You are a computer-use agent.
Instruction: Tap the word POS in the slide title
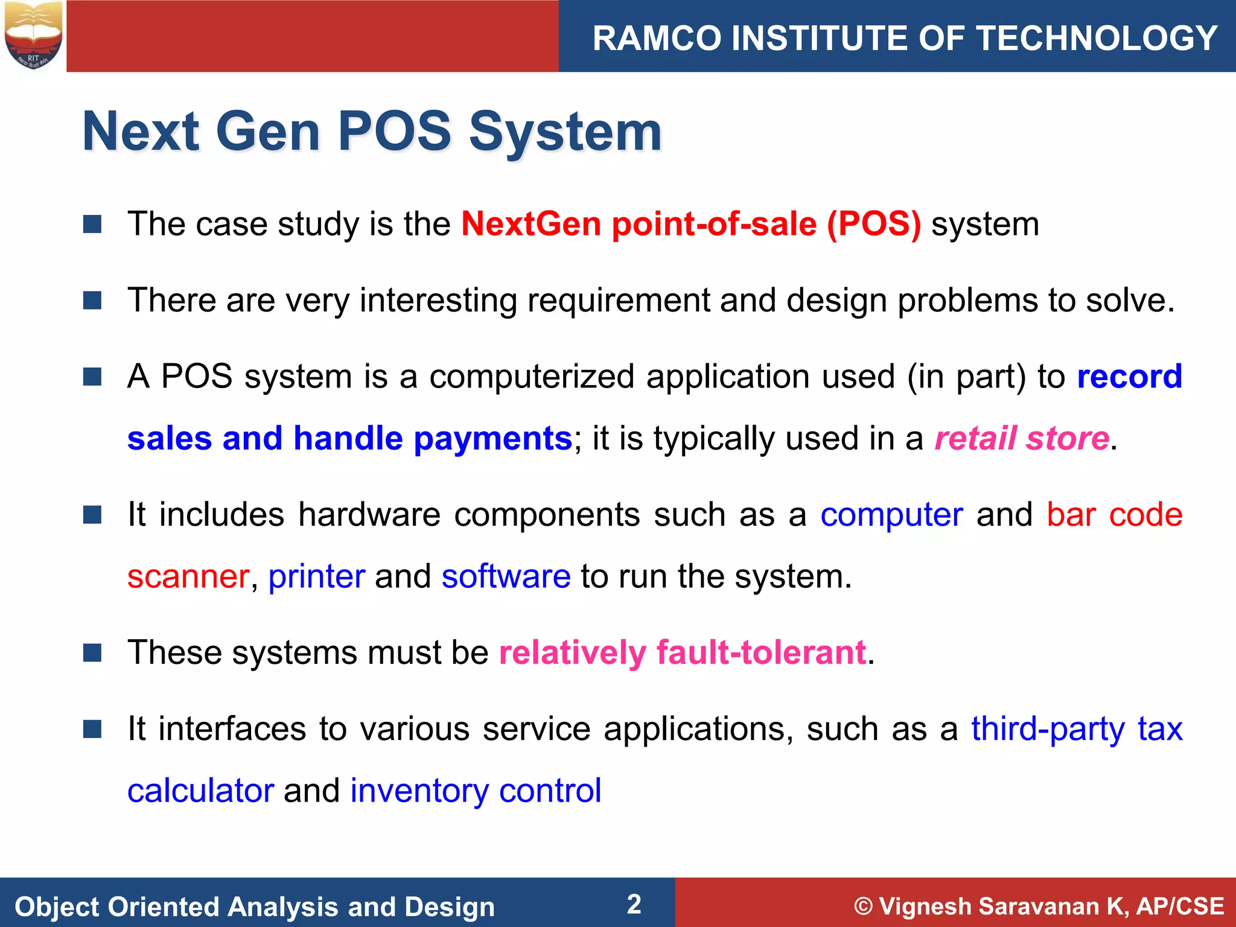click(x=394, y=132)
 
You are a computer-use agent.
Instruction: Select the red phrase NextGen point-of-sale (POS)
click(x=691, y=224)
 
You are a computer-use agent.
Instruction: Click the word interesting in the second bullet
click(x=438, y=300)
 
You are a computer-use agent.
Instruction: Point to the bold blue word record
click(x=1129, y=377)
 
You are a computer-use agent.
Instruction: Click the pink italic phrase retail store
click(x=1022, y=438)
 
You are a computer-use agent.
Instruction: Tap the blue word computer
click(x=891, y=515)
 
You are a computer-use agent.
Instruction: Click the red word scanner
click(x=188, y=576)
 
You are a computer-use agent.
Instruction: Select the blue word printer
click(x=317, y=576)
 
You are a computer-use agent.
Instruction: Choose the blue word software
click(x=506, y=576)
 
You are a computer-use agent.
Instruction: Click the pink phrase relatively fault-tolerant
click(x=683, y=652)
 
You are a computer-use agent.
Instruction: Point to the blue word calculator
click(x=200, y=791)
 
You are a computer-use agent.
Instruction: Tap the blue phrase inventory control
click(x=476, y=791)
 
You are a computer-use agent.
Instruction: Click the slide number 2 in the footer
click(x=634, y=904)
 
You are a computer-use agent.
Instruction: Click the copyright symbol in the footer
click(x=864, y=906)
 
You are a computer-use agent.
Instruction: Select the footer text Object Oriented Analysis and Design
click(x=255, y=906)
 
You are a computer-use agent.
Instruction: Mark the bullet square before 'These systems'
click(x=92, y=652)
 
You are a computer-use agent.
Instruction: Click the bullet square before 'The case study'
click(x=92, y=224)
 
